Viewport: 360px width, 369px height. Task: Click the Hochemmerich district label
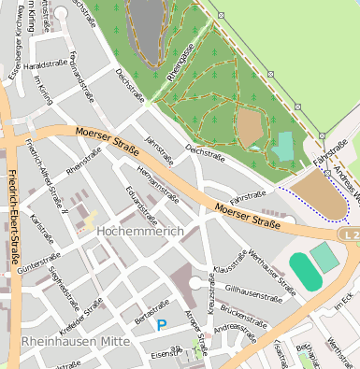(x=138, y=228)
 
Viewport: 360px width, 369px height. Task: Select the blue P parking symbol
(x=162, y=325)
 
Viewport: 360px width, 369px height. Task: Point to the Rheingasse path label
(x=180, y=64)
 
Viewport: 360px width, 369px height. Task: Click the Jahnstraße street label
(x=159, y=149)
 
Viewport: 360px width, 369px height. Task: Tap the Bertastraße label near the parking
(x=153, y=312)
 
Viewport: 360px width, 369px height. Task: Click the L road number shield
(x=349, y=235)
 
